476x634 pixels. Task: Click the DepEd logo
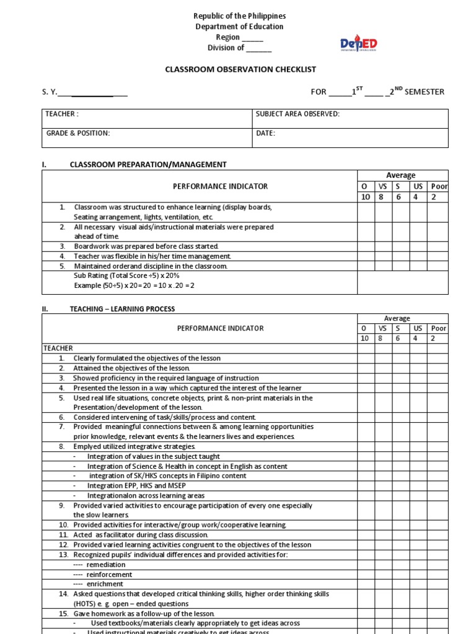click(x=358, y=44)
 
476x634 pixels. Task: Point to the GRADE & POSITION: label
click(x=77, y=133)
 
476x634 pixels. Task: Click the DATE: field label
click(x=265, y=133)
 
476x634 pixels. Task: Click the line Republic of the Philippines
click(x=231, y=16)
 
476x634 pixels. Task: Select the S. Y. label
click(x=49, y=92)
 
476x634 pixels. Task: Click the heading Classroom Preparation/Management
click(x=148, y=165)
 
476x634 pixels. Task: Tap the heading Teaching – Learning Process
click(x=122, y=308)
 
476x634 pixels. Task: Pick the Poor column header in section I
click(x=439, y=186)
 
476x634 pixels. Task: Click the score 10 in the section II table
click(x=364, y=339)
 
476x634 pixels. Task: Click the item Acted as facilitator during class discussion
click(x=141, y=535)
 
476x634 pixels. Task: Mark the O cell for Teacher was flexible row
click(x=365, y=256)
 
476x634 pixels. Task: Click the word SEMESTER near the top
click(x=425, y=92)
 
